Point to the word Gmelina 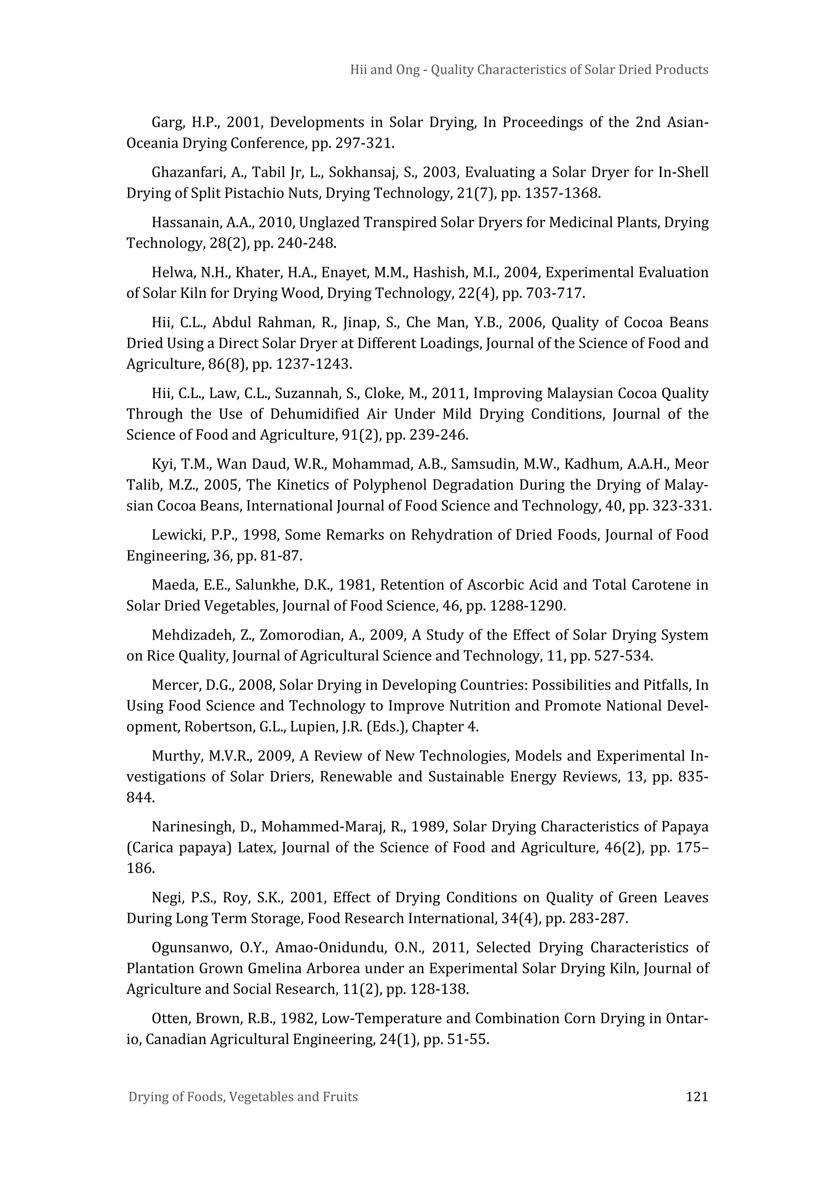(x=275, y=968)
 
